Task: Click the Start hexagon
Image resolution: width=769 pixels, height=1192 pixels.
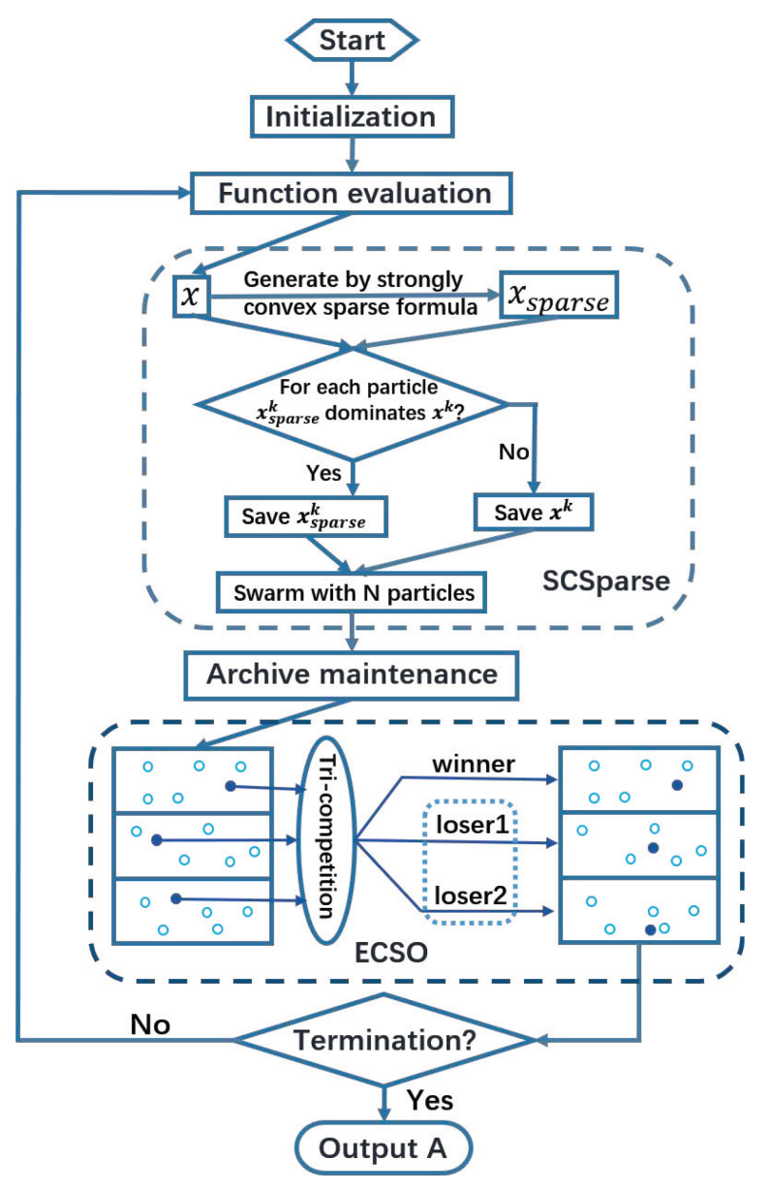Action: click(x=352, y=41)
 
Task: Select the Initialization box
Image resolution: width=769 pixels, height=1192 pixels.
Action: click(x=351, y=117)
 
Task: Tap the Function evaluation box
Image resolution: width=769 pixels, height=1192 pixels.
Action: click(x=351, y=193)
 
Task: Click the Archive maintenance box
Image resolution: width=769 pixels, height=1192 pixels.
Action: click(x=351, y=673)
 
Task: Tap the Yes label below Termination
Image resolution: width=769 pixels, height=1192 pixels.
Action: click(x=428, y=1100)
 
